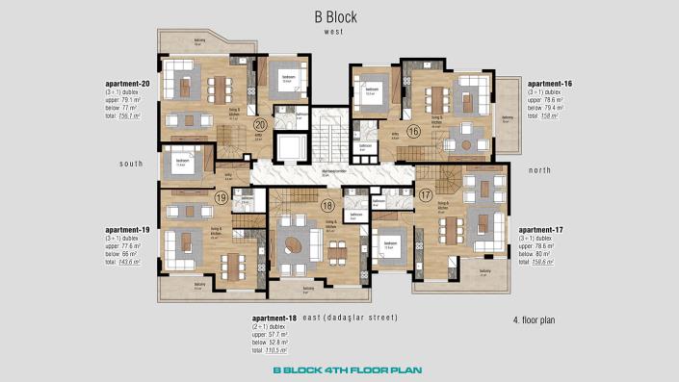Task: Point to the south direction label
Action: (131, 164)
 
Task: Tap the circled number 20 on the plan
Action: (260, 124)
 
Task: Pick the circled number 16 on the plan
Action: (413, 131)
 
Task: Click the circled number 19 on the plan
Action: (221, 198)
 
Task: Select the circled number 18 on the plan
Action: (327, 204)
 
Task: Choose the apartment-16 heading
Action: (550, 85)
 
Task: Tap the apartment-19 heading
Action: (128, 230)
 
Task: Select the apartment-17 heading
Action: (542, 230)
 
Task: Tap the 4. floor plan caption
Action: (535, 318)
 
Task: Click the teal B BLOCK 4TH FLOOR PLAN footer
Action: (339, 369)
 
